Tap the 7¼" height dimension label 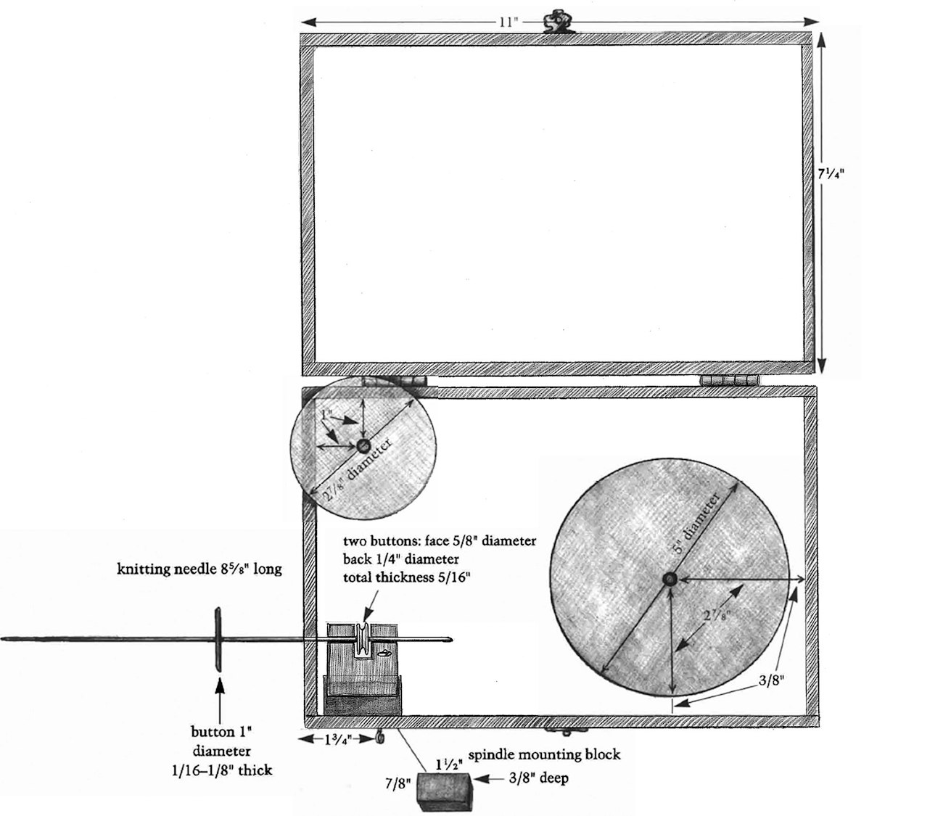point(830,174)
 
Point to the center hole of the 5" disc point(668,579)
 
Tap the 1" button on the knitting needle point(217,639)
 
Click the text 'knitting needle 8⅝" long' point(199,569)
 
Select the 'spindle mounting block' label point(544,754)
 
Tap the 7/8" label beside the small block point(398,784)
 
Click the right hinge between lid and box point(728,381)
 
